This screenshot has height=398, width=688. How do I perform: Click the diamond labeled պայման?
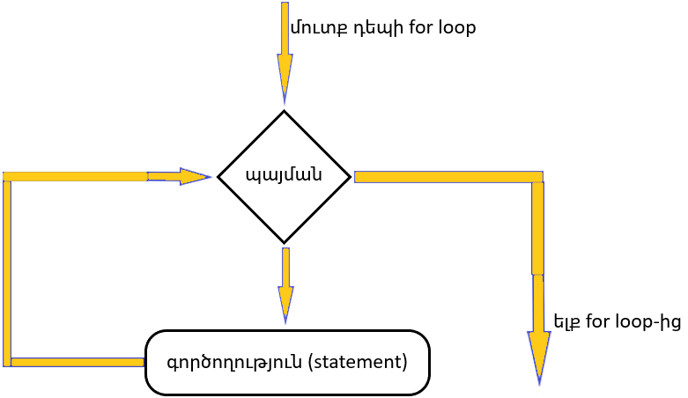coord(284,176)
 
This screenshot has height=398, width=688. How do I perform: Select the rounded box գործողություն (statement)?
coord(287,362)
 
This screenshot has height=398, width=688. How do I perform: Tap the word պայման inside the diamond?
coord(284,175)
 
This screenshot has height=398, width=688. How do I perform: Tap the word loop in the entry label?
coord(454,27)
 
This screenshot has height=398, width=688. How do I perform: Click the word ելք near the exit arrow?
coord(566,321)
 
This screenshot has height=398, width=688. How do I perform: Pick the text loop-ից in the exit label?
coord(653,321)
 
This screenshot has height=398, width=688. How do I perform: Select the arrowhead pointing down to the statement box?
coord(285,305)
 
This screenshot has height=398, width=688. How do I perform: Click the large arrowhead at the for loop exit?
coord(538,357)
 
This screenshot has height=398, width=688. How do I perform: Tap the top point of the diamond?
coord(284,112)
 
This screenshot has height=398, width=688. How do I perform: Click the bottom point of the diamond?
coord(284,241)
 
